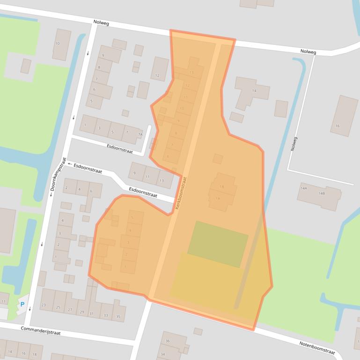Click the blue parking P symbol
pos(22,305)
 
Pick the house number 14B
pos(322,193)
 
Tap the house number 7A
pos(140,135)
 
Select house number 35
pos(118,317)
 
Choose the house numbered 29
pos(81,312)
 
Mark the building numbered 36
pos(167,341)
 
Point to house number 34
pos(162,354)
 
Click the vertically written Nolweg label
pos(294,143)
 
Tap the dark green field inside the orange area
pos(218,244)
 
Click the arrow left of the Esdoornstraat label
pos(69,164)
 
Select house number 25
pos(58,307)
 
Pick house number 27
pos(70,310)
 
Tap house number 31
pos(92,314)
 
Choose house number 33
pos(105,316)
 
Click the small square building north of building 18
pos(217,159)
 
